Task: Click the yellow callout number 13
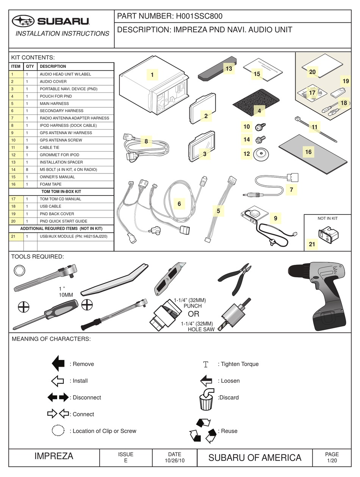pyautogui.click(x=229, y=69)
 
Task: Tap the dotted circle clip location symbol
pyautogui.click(x=58, y=431)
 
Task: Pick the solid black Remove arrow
pyautogui.click(x=58, y=364)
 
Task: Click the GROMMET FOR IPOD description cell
pyautogui.click(x=76, y=155)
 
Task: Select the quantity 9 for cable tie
pyautogui.click(x=27, y=147)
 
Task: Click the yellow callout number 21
pyautogui.click(x=312, y=244)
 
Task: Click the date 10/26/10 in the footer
pyautogui.click(x=175, y=461)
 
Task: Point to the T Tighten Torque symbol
pyautogui.click(x=206, y=364)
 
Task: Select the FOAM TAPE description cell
pyautogui.click(x=76, y=184)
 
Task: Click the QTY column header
pyautogui.click(x=30, y=66)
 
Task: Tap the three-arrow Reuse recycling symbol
pyautogui.click(x=203, y=431)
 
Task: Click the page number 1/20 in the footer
pyautogui.click(x=332, y=461)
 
